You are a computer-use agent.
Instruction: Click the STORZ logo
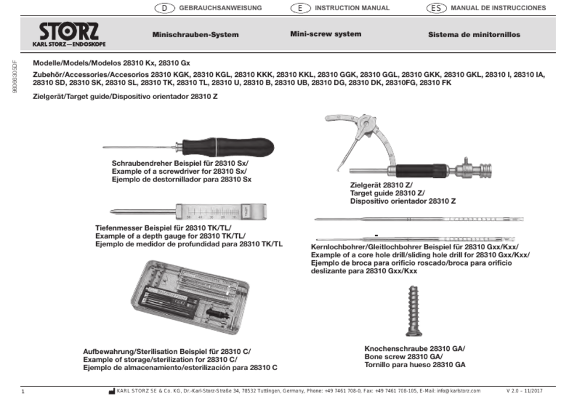(69, 35)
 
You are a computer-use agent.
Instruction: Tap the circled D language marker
(164, 8)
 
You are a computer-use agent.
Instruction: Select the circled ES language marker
(436, 8)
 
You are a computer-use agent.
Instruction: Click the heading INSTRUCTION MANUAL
(352, 8)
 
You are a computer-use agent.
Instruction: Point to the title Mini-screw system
(326, 34)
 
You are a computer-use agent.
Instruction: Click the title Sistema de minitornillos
(474, 35)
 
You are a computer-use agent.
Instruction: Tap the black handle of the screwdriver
(228, 147)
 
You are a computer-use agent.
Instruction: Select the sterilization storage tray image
(190, 297)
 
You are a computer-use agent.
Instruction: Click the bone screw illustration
(414, 311)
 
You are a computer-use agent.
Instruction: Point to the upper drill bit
(419, 219)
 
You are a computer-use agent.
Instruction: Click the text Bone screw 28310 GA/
(404, 356)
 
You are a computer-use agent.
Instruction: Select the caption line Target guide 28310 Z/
(387, 193)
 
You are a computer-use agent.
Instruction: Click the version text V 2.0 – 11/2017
(524, 391)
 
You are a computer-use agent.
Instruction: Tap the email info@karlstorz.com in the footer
(459, 391)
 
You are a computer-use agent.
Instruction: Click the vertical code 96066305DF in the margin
(14, 77)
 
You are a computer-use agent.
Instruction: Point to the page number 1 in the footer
(23, 391)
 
